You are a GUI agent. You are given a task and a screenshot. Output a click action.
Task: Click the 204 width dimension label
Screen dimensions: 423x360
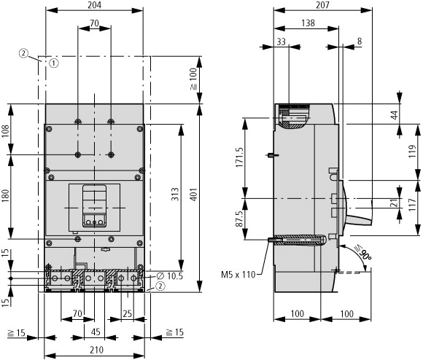click(94, 5)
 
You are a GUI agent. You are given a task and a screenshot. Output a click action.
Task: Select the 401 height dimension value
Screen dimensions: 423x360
click(194, 195)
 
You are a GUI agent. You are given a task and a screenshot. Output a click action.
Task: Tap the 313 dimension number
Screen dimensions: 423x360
click(175, 194)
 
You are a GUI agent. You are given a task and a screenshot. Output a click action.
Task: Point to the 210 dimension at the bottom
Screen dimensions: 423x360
click(96, 350)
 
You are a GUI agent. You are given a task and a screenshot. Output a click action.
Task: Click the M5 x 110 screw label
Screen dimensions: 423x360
click(238, 275)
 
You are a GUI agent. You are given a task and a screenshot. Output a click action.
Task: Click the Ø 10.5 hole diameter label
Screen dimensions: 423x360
click(170, 276)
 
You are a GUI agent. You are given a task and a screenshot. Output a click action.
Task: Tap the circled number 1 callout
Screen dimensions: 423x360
click(54, 63)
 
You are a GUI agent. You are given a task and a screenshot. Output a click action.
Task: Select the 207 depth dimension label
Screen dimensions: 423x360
click(322, 5)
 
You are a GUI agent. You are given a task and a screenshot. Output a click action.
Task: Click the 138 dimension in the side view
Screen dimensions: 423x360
click(308, 23)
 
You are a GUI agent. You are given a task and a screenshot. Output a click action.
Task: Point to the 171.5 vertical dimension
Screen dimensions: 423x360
click(239, 157)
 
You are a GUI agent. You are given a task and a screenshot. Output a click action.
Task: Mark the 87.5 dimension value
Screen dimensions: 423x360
click(239, 219)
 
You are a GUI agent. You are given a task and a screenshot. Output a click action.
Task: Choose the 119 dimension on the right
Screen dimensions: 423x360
click(412, 152)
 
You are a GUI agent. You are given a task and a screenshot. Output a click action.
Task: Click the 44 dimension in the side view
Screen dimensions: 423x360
click(394, 115)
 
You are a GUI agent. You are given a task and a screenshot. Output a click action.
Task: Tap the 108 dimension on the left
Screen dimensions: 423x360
click(5, 131)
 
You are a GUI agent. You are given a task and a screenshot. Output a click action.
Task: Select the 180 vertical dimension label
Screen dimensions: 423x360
click(5, 196)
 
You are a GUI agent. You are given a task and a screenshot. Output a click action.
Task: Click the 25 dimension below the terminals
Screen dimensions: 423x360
click(128, 313)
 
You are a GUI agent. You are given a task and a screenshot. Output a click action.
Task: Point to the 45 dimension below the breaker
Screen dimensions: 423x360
click(96, 332)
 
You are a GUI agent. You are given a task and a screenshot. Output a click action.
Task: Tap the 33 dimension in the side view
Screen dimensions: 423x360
click(281, 42)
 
